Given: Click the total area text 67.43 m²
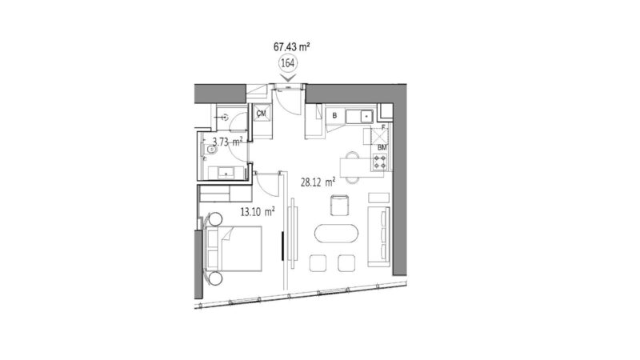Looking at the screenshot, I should pyautogui.click(x=291, y=48).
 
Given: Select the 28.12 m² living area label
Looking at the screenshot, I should pyautogui.click(x=318, y=182).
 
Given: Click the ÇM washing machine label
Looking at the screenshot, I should pyautogui.click(x=262, y=114).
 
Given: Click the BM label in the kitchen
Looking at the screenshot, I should pyautogui.click(x=382, y=148).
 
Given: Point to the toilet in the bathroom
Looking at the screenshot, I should pyautogui.click(x=212, y=149).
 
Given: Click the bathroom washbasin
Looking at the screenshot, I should pyautogui.click(x=225, y=170).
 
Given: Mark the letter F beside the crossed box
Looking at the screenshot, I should pyautogui.click(x=383, y=126).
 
